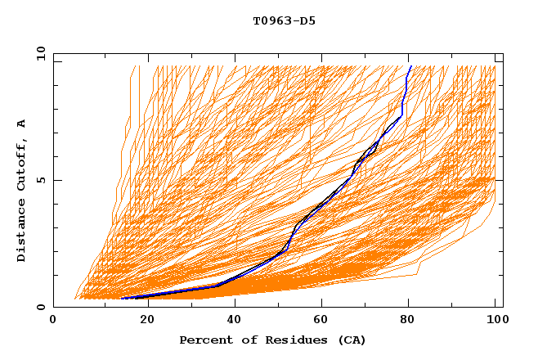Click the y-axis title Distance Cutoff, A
pos(21,190)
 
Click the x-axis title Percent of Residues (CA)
pos(273,340)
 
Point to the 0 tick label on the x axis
pos(53,322)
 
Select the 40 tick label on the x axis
pos(235,322)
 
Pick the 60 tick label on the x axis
pos(322,322)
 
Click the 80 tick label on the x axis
pos(410,322)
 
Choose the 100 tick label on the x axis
pos(495,322)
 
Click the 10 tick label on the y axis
pos(40,52)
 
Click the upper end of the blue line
pos(410,66)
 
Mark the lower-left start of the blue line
pos(121,299)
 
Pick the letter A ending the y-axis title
pos(21,124)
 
